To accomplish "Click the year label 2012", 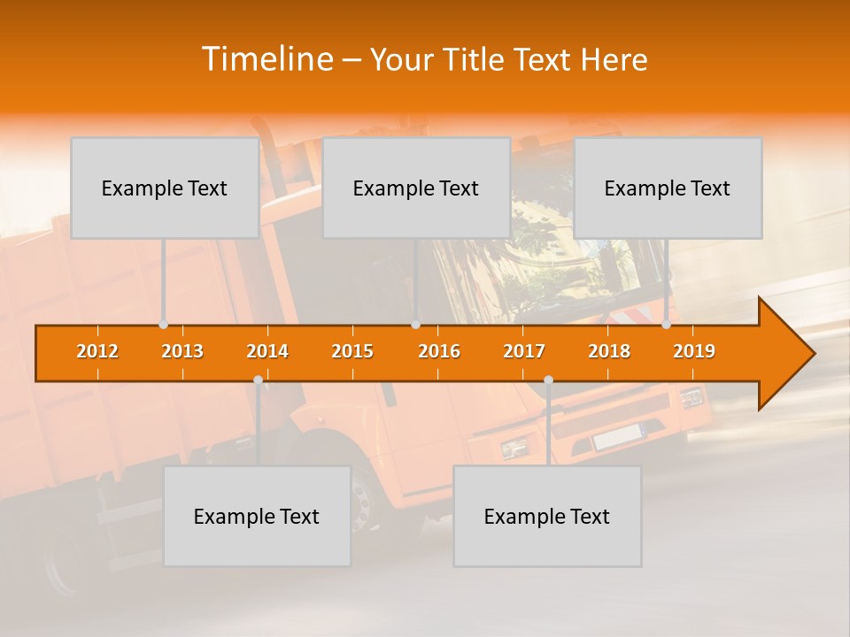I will tap(97, 351).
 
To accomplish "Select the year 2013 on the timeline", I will tap(182, 351).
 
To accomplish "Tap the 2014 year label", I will tap(267, 351).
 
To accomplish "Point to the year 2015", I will tap(352, 351).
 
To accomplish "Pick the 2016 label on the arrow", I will tap(439, 351).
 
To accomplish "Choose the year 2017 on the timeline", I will tap(524, 351).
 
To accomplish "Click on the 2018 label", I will tap(609, 351).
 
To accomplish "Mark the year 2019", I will tap(694, 351).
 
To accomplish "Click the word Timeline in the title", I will tap(267, 59).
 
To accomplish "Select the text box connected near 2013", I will tap(165, 188).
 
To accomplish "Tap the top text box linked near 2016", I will tap(416, 188).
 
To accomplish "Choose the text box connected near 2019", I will tap(668, 188).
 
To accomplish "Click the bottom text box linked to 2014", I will tap(257, 516).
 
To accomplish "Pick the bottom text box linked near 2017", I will tap(547, 516).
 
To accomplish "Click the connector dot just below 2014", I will tap(258, 380).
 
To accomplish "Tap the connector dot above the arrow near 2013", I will tap(163, 325).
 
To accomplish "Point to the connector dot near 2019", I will tap(666, 325).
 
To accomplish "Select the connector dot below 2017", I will tap(548, 380).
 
